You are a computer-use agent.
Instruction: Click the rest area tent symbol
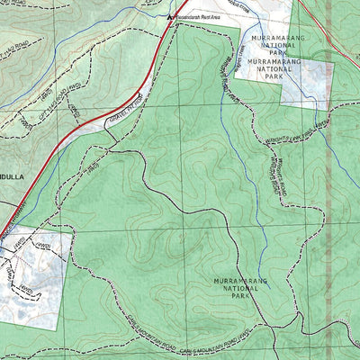pos(170,16)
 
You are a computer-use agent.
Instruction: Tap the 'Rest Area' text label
pos(201,16)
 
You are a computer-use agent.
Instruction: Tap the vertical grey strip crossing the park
pos(328,180)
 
